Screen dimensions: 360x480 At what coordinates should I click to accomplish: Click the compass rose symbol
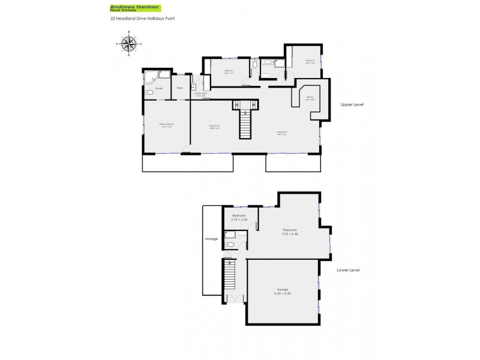pos(127,44)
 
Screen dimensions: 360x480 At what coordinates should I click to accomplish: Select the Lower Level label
pos(349,270)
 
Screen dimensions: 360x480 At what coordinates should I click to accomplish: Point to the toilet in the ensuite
pos(149,93)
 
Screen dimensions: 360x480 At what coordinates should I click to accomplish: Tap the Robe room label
pos(179,89)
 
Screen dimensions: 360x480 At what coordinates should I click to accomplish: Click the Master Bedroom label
pos(166,125)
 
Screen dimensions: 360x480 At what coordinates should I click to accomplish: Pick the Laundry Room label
pos(200,94)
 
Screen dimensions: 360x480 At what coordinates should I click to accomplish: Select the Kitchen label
pos(310,98)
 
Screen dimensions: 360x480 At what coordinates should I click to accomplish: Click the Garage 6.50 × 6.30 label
pos(282,292)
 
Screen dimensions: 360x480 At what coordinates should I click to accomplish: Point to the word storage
pos(211,239)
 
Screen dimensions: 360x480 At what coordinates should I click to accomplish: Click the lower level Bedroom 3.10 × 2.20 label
pos(239,218)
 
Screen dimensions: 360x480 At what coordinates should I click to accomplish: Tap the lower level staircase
pos(229,279)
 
